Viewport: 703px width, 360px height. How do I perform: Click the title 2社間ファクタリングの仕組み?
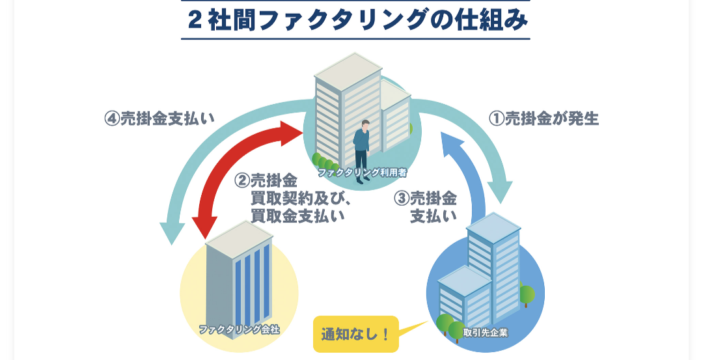coord(355,20)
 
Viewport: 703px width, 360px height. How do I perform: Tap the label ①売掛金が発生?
coord(544,119)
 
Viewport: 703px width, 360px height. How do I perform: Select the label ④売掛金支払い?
coord(159,119)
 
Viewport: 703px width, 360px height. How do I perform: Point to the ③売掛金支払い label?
coord(426,208)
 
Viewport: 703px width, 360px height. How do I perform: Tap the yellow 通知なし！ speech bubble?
coord(355,335)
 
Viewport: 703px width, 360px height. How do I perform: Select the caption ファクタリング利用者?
coord(362,173)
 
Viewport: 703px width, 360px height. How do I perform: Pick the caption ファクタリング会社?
coord(239,329)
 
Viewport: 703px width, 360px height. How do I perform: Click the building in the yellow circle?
coord(237,273)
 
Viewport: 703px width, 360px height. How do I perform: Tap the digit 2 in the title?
coord(194,20)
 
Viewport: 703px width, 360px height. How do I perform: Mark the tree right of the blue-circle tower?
coord(527,296)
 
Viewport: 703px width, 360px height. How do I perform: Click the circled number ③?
coord(402,199)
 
